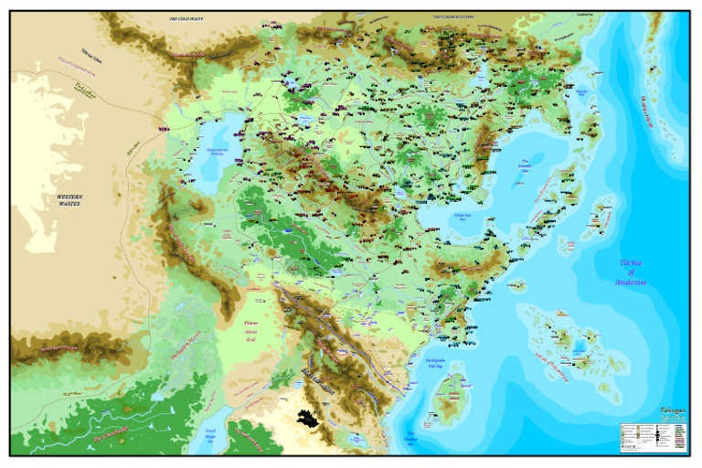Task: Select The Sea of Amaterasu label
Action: click(632, 272)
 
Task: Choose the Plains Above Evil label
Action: click(255, 331)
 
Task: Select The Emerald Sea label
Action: click(524, 171)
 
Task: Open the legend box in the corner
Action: click(652, 437)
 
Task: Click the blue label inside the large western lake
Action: click(221, 154)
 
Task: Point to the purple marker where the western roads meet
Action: click(165, 130)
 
